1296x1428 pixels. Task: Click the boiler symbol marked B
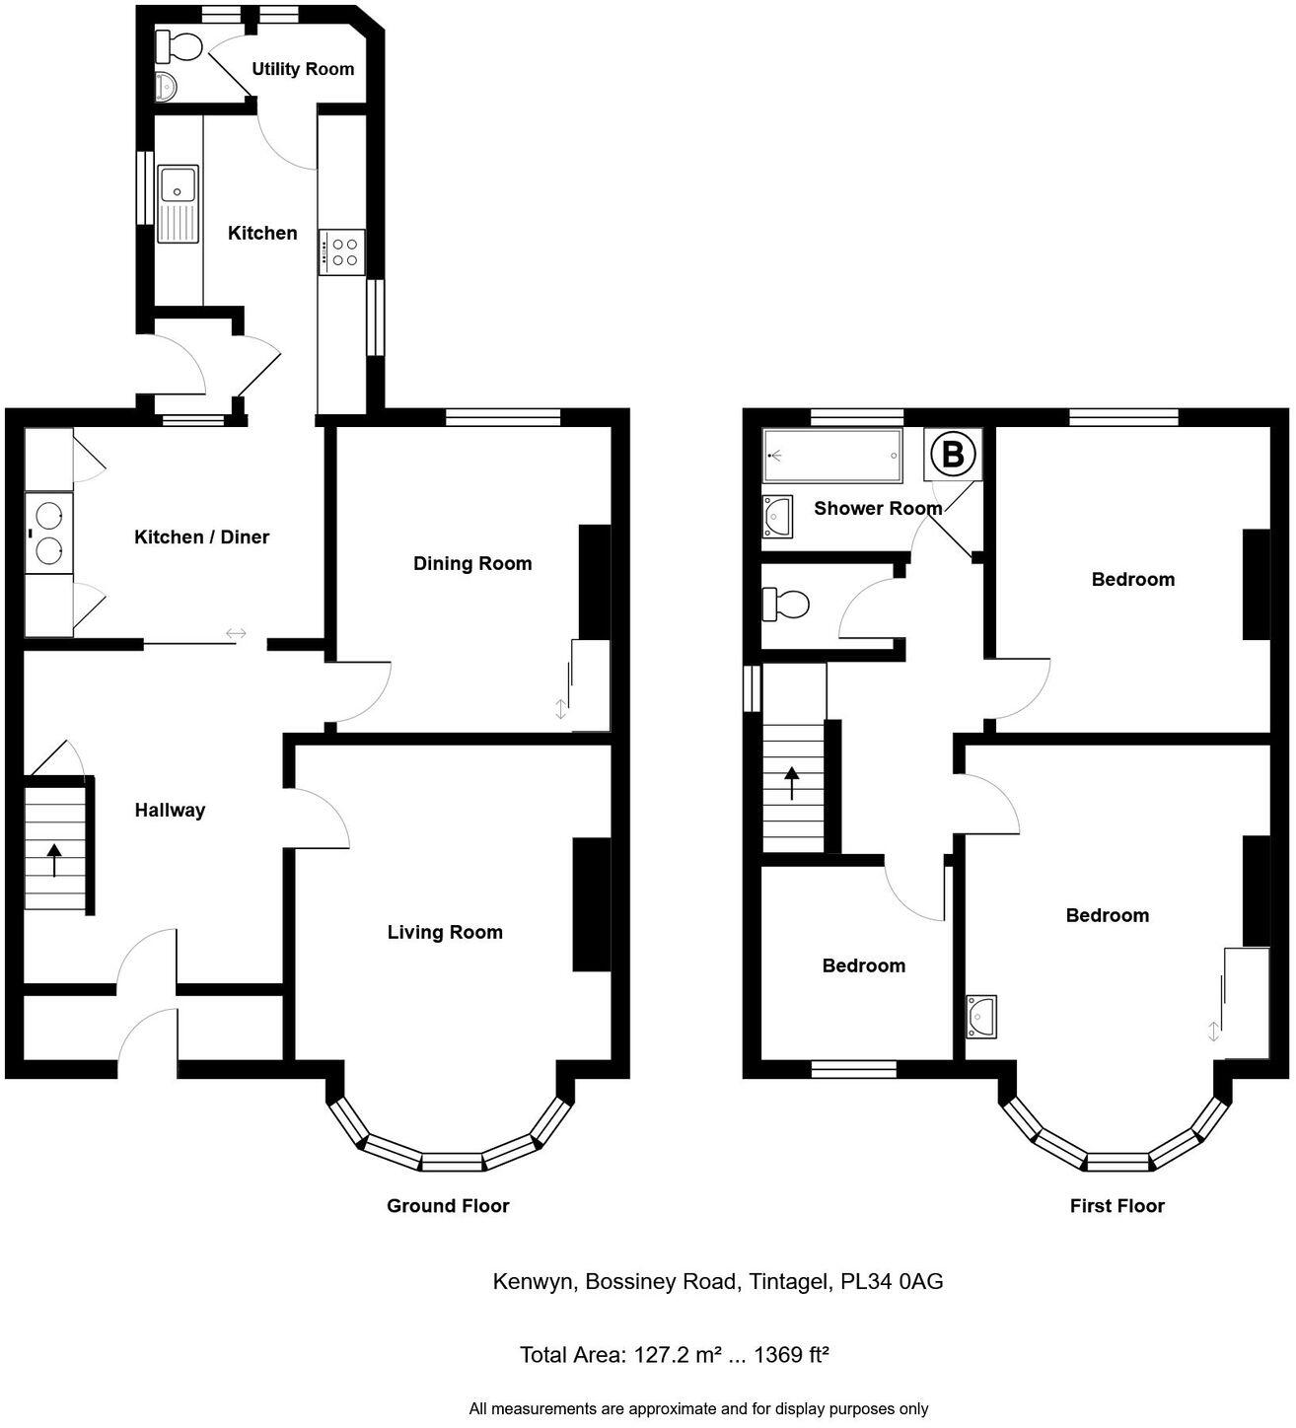coord(953,455)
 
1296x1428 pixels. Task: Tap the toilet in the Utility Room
coord(181,45)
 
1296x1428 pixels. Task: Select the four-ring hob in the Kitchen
coord(342,252)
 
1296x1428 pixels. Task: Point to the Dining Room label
coord(472,564)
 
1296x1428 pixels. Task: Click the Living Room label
coord(445,933)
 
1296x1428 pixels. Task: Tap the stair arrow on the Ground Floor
coord(52,859)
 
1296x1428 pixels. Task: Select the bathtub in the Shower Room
coord(832,457)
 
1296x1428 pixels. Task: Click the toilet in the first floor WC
coord(787,603)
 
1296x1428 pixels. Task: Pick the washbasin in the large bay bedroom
coord(982,1016)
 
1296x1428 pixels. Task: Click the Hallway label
coord(170,811)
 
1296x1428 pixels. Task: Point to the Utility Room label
coord(303,69)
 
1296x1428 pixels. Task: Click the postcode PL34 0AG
coord(892,1282)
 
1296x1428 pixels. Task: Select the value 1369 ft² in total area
coord(790,1355)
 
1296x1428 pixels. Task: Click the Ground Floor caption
coord(448,1206)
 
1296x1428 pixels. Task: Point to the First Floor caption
coord(1116,1206)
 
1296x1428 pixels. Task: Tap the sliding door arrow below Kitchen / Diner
coord(236,634)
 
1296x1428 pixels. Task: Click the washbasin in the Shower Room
coord(778,515)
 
